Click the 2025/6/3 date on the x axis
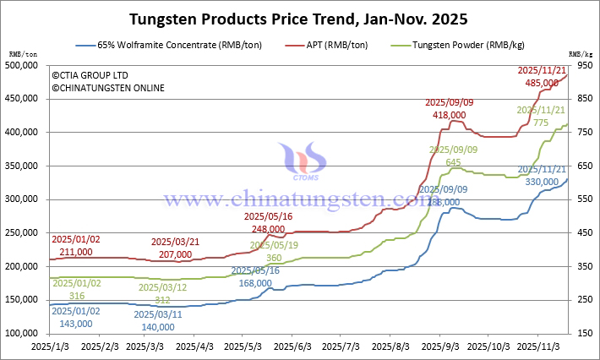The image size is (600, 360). tap(297, 346)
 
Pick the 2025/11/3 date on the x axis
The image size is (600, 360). tap(539, 346)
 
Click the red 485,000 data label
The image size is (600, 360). tap(542, 83)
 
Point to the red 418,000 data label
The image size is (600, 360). tap(449, 114)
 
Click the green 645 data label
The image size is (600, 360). tap(453, 161)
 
